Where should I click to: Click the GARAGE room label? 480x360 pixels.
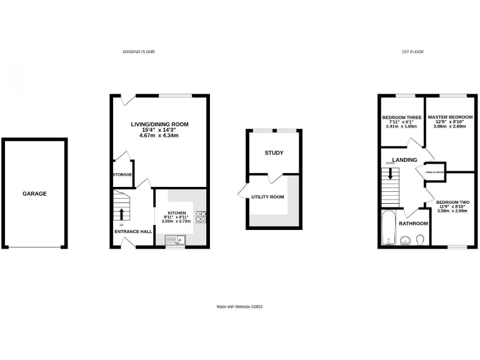tap(35, 194)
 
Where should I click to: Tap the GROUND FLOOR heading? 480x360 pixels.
tap(138, 52)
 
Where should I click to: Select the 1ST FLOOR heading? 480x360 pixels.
tap(412, 52)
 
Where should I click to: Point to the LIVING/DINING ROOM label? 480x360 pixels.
tap(159, 124)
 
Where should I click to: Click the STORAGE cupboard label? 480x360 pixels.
tap(122, 174)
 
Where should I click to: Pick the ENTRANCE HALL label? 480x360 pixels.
tap(133, 231)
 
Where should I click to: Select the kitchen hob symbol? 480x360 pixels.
tap(202, 217)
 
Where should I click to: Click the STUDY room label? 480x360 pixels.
tap(274, 152)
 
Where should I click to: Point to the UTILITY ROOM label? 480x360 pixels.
tap(267, 197)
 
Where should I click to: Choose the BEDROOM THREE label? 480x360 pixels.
tap(401, 117)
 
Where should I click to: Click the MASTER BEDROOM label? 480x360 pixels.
tap(450, 117)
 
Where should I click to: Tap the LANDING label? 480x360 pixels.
tap(404, 159)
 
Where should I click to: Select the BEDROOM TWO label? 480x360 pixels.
tap(453, 202)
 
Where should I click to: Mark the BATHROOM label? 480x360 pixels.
tap(413, 223)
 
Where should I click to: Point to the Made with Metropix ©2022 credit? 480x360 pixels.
tap(240, 307)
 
